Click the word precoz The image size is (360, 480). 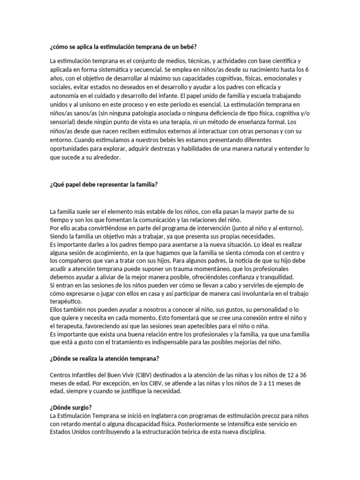tap(263, 416)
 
